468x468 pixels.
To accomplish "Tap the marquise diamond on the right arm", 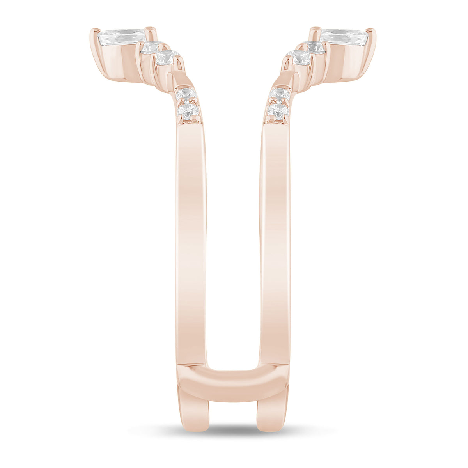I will [345, 37].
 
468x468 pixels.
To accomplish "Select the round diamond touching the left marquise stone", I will [150, 47].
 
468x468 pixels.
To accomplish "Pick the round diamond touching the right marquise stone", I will [316, 47].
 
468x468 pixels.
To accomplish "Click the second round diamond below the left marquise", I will [166, 58].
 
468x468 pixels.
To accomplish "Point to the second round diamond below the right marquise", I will [300, 58].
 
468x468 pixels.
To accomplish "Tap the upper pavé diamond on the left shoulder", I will [186, 94].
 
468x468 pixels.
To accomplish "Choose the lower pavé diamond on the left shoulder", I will [188, 111].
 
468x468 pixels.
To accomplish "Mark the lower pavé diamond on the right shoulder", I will [278, 111].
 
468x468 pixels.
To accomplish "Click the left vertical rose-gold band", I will [191, 242].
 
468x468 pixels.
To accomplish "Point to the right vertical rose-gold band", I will [275, 242].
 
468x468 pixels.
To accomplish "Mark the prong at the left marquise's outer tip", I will [93, 33].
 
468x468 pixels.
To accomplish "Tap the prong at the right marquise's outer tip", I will [373, 33].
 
